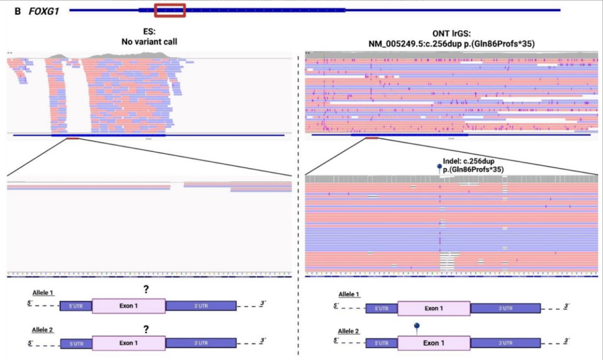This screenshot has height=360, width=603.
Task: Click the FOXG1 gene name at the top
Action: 43,11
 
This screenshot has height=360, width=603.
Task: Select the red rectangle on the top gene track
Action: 170,10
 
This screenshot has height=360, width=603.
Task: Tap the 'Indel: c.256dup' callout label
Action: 469,161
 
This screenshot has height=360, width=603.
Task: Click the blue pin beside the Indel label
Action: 440,167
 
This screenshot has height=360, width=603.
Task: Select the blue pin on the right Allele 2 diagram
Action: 417,326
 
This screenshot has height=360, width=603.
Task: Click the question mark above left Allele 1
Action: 146,290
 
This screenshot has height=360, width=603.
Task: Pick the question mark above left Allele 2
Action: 146,330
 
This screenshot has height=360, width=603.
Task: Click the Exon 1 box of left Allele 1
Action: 129,306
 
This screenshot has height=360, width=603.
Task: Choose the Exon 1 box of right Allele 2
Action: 434,343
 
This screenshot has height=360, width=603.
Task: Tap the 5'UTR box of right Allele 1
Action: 381,308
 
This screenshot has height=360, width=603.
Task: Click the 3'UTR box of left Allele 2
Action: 201,343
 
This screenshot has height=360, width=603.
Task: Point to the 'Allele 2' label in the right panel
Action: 348,332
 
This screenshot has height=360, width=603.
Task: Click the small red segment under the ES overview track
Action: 73,138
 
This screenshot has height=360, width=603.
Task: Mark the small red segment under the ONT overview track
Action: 372,138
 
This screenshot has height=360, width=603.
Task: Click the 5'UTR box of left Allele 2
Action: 76,344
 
